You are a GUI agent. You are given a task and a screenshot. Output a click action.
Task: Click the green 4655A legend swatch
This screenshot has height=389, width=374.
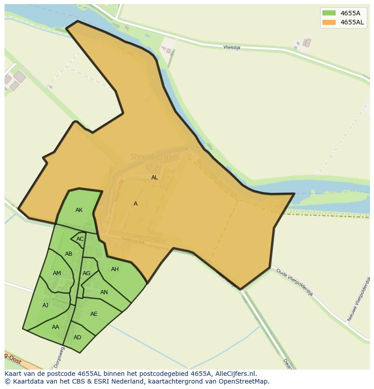point(328,13)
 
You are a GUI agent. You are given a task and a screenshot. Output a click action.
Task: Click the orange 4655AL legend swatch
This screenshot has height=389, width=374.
point(328,22)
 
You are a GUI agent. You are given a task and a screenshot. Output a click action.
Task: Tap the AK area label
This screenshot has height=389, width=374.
point(79,210)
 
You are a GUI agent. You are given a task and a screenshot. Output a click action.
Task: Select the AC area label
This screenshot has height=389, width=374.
point(80,239)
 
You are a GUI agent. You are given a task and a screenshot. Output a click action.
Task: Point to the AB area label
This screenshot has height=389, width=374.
point(69,254)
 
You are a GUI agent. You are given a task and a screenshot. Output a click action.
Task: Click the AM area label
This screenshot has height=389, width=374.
point(57,273)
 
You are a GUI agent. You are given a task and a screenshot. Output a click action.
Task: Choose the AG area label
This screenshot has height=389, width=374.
point(86,273)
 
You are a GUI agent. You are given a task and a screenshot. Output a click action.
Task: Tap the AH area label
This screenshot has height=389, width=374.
point(115,269)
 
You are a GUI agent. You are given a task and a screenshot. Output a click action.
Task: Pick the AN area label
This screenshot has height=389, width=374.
point(104,292)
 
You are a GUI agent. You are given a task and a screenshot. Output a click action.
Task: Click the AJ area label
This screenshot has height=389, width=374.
point(45,305)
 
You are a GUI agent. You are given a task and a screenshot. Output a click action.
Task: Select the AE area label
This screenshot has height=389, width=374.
point(93,314)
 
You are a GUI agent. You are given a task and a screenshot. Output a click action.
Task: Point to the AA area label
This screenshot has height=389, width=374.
point(56,327)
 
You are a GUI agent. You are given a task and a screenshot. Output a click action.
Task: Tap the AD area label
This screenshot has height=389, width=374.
point(77,337)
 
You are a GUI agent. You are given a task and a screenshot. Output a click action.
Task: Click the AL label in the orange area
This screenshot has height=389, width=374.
point(154,178)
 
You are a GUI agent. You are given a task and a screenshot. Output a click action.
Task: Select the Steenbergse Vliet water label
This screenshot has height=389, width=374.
point(154,162)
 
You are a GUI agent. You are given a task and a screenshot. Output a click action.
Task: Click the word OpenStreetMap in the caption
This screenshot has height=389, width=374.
point(243,381)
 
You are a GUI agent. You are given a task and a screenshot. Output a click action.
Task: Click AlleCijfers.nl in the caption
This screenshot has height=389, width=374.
point(234,374)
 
